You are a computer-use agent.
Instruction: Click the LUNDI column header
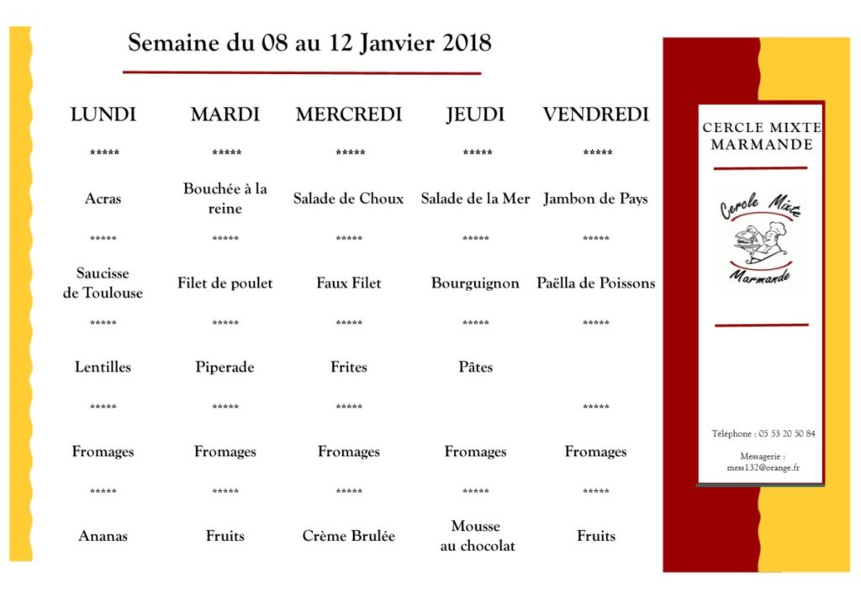[103, 114]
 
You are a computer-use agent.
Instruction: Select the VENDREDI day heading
[595, 114]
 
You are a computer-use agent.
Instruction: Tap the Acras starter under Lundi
[103, 199]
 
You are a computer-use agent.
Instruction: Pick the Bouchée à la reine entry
[224, 199]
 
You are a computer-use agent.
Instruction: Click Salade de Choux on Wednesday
[348, 199]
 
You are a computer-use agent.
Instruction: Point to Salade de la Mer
[475, 199]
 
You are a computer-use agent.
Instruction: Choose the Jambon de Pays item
[595, 199]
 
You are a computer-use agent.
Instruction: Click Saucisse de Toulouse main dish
[103, 283]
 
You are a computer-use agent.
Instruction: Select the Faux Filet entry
[348, 283]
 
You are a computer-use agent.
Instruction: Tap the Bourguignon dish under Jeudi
[475, 283]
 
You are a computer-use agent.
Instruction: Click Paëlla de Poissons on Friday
[595, 283]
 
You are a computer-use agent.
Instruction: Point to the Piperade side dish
[224, 368]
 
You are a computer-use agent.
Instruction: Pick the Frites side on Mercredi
[348, 368]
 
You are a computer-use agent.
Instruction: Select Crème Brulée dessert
[348, 536]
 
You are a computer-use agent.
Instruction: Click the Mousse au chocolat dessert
[476, 536]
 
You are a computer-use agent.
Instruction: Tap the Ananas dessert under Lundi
[103, 536]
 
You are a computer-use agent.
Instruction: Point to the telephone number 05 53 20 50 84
[786, 434]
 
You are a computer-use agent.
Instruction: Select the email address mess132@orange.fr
[760, 467]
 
